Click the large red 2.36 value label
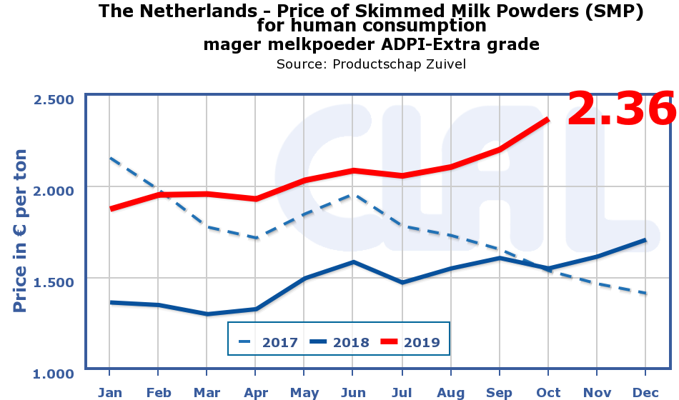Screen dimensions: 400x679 coord(620,109)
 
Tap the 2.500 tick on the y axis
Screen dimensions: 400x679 coord(54,99)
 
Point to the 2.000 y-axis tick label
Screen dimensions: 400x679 coord(54,190)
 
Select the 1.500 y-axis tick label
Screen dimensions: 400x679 coord(54,281)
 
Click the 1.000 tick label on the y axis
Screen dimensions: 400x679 coord(54,373)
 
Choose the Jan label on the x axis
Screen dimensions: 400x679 coord(109,392)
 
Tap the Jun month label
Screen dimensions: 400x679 coord(352,392)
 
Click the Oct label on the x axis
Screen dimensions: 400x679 coord(548,392)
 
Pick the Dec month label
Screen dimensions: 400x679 coord(645,392)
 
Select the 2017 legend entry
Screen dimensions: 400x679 coord(268,342)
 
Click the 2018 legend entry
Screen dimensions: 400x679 coord(339,342)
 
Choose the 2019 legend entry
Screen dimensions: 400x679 coord(411,342)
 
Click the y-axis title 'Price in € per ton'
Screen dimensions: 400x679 coord(21,231)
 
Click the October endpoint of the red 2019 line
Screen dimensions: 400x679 coord(548,119)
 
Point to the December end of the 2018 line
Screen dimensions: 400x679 coord(645,240)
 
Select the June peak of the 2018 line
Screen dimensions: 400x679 coord(352,262)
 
